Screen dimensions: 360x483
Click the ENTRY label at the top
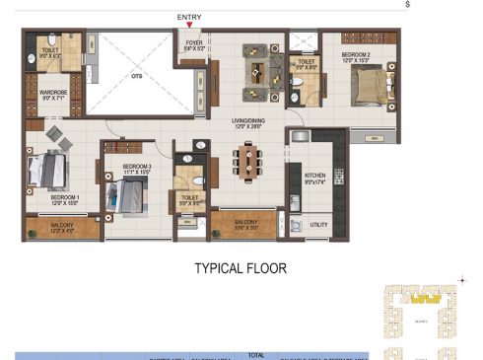(189, 17)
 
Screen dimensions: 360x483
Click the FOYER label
(193, 42)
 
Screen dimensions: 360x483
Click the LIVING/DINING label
(251, 122)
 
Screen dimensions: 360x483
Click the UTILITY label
(317, 224)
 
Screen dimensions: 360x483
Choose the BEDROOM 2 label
(356, 56)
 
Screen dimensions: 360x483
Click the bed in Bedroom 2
(362, 90)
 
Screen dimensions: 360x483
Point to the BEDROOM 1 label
(65, 197)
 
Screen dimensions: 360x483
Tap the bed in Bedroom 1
(49, 171)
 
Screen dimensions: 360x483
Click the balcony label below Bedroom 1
(63, 229)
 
